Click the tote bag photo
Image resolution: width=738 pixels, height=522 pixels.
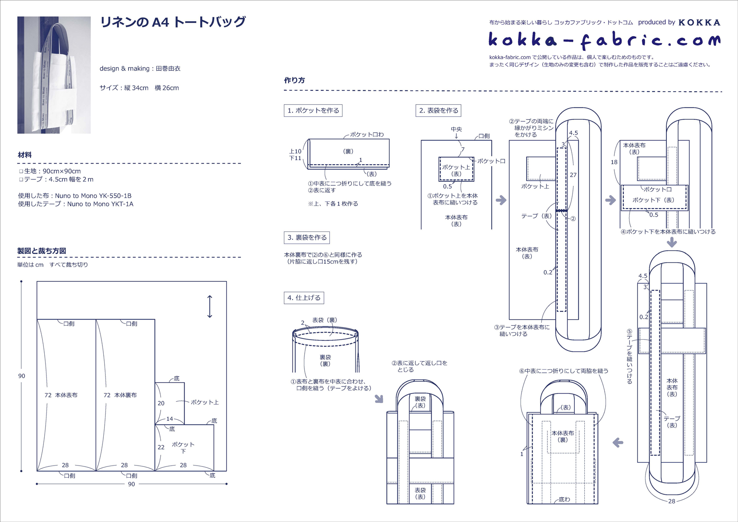[x=54, y=75]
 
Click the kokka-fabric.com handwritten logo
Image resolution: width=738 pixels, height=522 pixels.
[x=604, y=40]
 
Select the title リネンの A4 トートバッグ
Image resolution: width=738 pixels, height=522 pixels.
[x=173, y=22]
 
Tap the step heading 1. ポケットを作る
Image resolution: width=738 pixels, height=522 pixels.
[x=313, y=110]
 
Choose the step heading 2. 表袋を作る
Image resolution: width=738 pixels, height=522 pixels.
[x=438, y=110]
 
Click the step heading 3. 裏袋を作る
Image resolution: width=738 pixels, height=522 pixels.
[x=307, y=238]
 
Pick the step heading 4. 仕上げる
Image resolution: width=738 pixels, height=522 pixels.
[x=304, y=298]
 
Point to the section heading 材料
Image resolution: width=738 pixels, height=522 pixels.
[x=25, y=155]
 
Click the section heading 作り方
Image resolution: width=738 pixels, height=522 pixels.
[x=294, y=80]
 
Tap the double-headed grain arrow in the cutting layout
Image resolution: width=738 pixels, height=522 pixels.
[x=210, y=307]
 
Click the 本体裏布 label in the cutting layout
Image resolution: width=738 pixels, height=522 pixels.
[x=125, y=395]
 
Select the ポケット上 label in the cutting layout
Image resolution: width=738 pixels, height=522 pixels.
[x=204, y=403]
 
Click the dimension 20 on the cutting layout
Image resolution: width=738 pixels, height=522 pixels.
[x=161, y=403]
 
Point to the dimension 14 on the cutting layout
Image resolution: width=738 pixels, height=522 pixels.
[x=170, y=419]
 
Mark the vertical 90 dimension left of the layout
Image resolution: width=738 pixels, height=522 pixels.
[x=22, y=376]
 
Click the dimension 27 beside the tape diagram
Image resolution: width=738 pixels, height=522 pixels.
[x=573, y=175]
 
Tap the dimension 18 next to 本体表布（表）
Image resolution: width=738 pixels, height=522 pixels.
[x=614, y=162]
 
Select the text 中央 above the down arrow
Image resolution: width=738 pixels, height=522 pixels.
[x=456, y=129]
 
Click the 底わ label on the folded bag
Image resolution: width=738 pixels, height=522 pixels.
[x=564, y=499]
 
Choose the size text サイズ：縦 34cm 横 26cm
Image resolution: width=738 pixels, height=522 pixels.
[x=139, y=88]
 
